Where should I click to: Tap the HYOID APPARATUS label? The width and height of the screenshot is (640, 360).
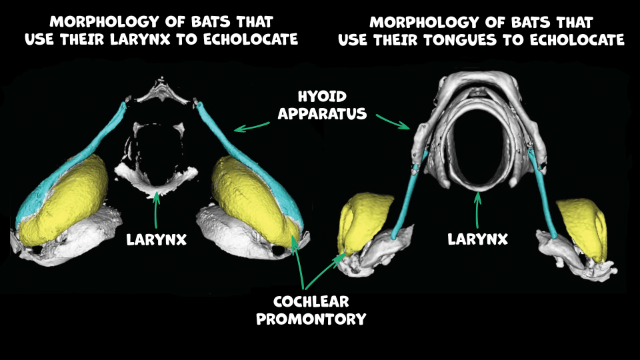pos(322,105)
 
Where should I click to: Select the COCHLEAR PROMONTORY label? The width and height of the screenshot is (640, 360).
pos(311,310)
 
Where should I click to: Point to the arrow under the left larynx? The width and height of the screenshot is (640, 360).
pos(156,208)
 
